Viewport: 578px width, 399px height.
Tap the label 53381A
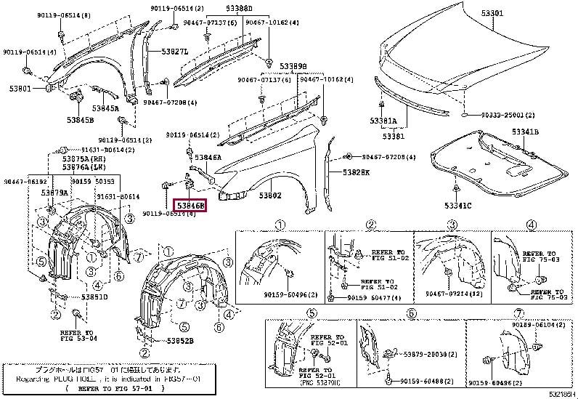tap(383, 121)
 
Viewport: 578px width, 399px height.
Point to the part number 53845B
tap(79, 120)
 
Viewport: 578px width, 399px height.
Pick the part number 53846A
tap(207, 156)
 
